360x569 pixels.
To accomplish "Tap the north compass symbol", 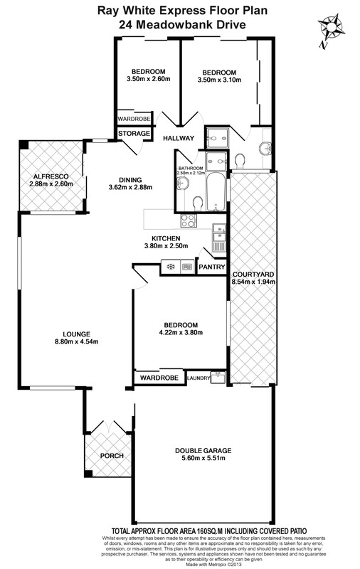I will tap(330, 29).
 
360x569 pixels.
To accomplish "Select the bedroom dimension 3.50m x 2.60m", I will tap(147, 80).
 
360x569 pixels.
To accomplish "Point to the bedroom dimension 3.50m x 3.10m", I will tap(218, 80).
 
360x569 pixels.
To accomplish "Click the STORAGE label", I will tap(134, 134).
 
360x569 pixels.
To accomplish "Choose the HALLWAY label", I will tap(179, 138).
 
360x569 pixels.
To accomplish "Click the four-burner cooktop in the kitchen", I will tap(188, 221).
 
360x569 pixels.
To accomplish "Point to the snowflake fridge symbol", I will tap(171, 267).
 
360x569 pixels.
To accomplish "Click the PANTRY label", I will tap(212, 267).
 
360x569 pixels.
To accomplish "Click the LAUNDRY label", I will tap(198, 378).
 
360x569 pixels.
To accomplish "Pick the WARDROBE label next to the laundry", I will tap(158, 378).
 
